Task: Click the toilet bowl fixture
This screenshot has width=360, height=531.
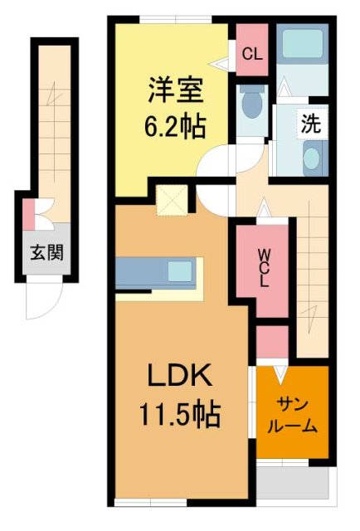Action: pos(250,106)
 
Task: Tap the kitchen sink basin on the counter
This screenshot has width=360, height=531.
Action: pos(180,271)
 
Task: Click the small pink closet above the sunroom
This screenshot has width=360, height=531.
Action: pos(271,342)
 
